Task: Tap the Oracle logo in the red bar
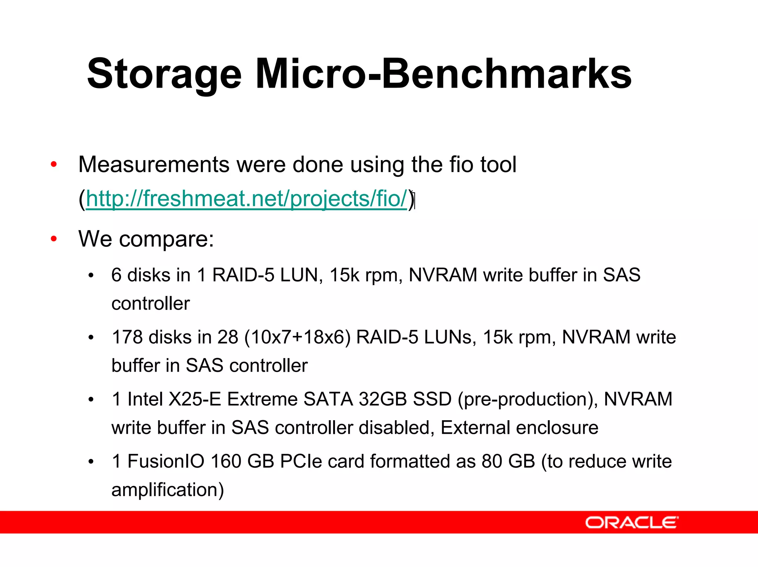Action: coord(631,522)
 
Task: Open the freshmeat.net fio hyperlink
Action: coord(246,199)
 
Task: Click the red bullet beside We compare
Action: coord(54,239)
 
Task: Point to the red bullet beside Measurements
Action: coord(54,164)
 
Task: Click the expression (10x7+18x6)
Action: coord(297,337)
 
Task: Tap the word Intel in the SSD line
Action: coord(145,399)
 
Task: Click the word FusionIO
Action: coord(166,461)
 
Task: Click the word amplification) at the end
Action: coord(168,490)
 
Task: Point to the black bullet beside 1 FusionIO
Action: coord(91,462)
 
